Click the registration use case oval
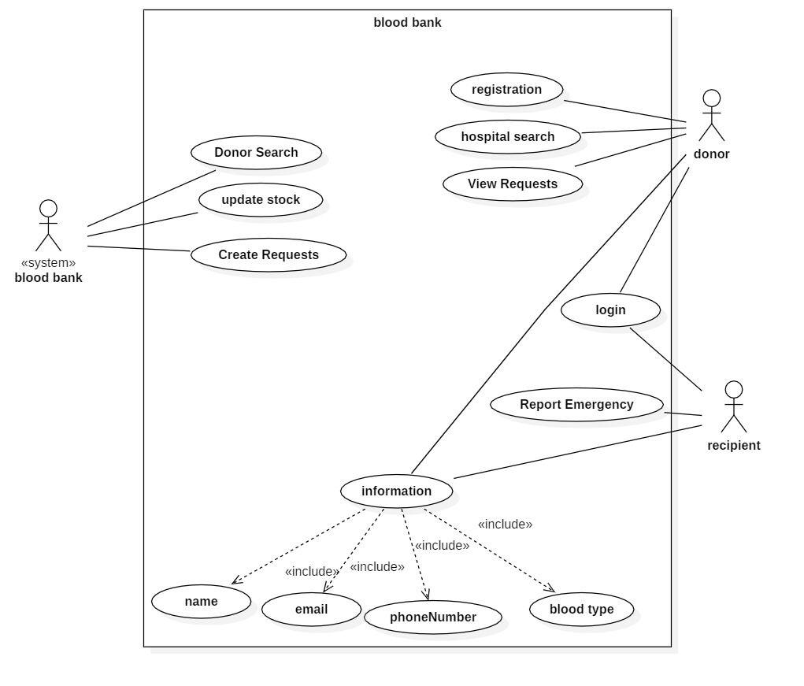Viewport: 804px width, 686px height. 506,89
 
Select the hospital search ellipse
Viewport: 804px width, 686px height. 508,137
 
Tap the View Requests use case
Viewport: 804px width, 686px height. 513,184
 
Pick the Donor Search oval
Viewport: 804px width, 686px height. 257,152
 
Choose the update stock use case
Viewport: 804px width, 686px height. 261,199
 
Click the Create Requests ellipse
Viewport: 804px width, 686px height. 269,255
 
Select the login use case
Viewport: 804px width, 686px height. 611,310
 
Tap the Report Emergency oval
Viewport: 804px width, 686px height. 577,405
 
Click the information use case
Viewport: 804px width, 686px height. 396,491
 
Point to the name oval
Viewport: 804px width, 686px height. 201,602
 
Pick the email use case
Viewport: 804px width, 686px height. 311,610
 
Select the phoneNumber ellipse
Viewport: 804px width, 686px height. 433,617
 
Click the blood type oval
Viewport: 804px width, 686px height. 581,610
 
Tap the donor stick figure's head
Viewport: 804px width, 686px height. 712,98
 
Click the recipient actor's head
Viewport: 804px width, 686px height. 734,390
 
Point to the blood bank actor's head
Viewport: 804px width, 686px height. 48,209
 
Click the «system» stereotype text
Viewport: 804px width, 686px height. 48,263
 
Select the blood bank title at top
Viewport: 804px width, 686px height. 407,23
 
